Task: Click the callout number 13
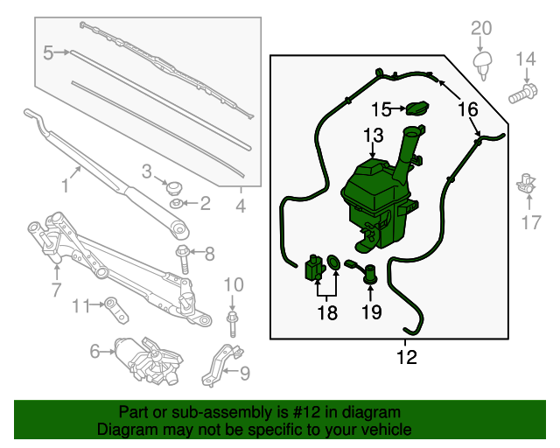pyautogui.click(x=374, y=136)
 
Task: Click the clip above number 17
pyautogui.click(x=527, y=183)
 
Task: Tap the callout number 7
pyautogui.click(x=56, y=289)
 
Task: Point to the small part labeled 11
pyautogui.click(x=112, y=305)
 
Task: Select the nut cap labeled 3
pyautogui.click(x=172, y=186)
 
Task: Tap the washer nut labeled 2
pyautogui.click(x=178, y=205)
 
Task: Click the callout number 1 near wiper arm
pyautogui.click(x=64, y=185)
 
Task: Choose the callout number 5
pyautogui.click(x=49, y=53)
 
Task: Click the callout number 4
pyautogui.click(x=241, y=207)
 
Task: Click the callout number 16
pyautogui.click(x=468, y=109)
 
